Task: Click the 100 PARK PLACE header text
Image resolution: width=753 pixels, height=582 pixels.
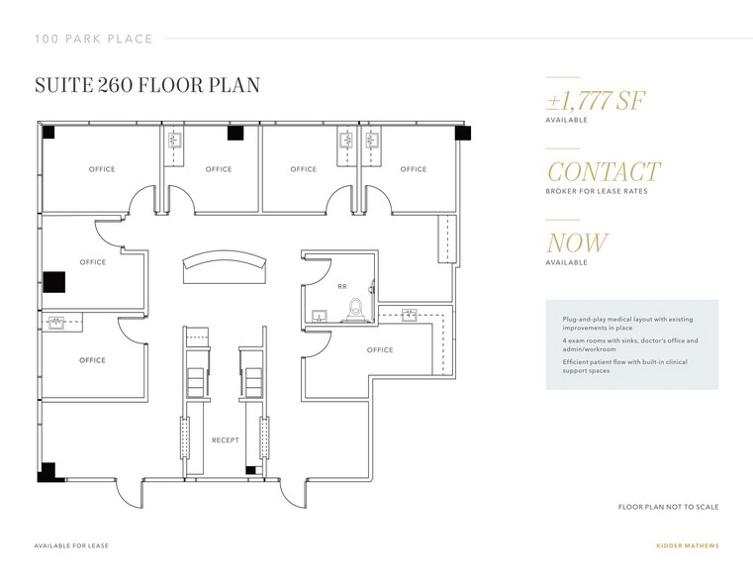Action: [x=93, y=39]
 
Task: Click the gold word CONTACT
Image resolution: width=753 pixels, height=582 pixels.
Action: [x=603, y=172]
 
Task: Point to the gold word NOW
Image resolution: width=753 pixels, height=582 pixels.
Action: [x=577, y=243]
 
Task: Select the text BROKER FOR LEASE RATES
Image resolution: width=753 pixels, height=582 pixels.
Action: [x=596, y=191]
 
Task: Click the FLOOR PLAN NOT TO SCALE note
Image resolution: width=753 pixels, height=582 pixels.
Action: [x=668, y=507]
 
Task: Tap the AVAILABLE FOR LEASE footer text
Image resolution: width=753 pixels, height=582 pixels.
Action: [x=71, y=545]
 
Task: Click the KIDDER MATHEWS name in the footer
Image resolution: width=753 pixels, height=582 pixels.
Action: [x=689, y=545]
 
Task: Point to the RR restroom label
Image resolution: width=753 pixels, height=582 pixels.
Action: [x=341, y=287]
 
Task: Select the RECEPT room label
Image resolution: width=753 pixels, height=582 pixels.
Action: [x=225, y=439]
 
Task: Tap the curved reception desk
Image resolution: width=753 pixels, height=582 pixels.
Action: [x=225, y=266]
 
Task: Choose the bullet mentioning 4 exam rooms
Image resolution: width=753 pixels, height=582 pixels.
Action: [x=629, y=344]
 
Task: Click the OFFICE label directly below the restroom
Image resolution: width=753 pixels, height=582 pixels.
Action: [x=380, y=350]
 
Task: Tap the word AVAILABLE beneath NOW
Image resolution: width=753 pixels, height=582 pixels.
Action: [x=566, y=262]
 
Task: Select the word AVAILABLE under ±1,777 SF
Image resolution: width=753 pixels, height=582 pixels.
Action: [x=566, y=120]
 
